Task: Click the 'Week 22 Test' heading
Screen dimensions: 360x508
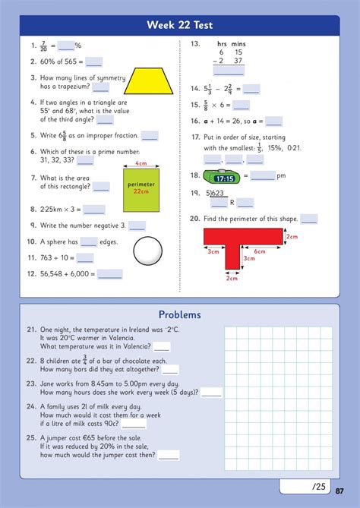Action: click(x=180, y=25)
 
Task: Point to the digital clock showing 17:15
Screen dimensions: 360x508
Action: click(x=223, y=177)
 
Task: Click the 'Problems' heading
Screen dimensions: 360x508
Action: click(x=179, y=314)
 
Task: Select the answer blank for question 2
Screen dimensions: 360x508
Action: click(x=94, y=62)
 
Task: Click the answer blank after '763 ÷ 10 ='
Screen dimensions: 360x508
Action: click(x=84, y=258)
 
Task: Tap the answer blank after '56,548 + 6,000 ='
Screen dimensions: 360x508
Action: click(x=109, y=275)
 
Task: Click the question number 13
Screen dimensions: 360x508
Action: click(x=194, y=45)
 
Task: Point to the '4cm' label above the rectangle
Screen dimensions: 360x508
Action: click(x=141, y=164)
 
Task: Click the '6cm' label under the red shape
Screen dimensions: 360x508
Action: click(x=259, y=252)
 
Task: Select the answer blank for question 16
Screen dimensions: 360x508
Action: click(x=273, y=121)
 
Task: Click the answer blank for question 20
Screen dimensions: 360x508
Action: click(x=308, y=219)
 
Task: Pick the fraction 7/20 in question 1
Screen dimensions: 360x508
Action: click(x=43, y=46)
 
